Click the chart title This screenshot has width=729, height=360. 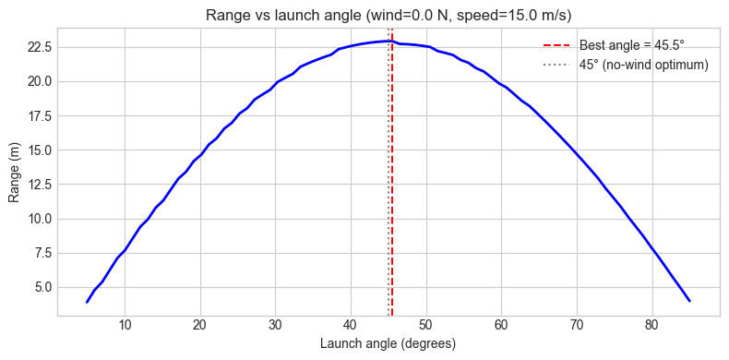click(388, 12)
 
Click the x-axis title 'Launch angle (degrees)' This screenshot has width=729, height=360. click(388, 343)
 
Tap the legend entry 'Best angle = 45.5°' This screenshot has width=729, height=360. click(631, 45)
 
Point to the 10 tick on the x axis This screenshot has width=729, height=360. click(125, 325)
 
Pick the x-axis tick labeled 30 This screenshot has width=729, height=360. click(275, 325)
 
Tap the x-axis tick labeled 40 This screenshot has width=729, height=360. click(351, 325)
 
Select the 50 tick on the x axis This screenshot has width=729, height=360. click(425, 325)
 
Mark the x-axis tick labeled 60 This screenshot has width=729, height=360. click(501, 325)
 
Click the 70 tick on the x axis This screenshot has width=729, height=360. click(576, 325)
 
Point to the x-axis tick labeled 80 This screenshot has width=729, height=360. click(651, 325)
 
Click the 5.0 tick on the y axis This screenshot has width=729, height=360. click(41, 287)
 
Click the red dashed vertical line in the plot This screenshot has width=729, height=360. click(392, 185)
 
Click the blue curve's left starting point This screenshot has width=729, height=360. click(87, 302)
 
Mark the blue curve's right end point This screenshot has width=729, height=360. click(689, 301)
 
